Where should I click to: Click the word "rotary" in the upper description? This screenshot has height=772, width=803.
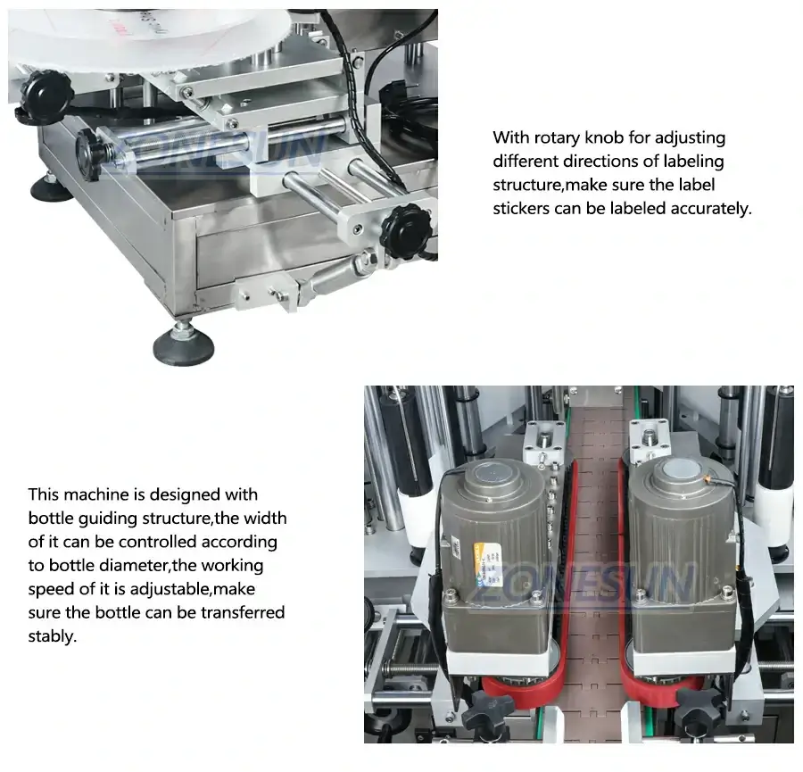tap(557, 138)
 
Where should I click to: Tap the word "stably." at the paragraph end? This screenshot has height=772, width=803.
tap(53, 636)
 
